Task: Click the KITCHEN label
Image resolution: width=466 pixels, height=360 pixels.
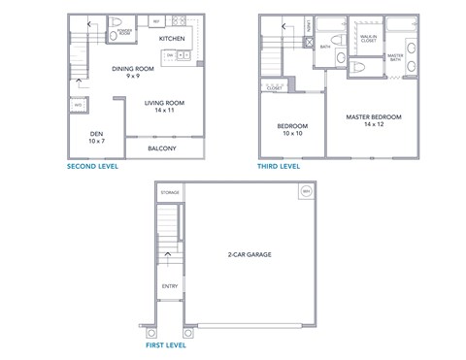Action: click(172, 38)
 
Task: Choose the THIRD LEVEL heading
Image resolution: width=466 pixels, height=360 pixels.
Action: click(278, 166)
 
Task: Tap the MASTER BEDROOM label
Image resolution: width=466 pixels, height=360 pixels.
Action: click(373, 120)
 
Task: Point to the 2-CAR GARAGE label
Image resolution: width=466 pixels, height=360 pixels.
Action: click(250, 254)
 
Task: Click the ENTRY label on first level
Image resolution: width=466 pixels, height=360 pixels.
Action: click(170, 285)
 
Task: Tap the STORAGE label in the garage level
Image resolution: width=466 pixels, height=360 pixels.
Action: click(170, 193)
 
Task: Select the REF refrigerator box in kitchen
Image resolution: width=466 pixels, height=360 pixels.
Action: click(156, 19)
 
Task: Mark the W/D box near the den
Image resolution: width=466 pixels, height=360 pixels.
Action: click(77, 105)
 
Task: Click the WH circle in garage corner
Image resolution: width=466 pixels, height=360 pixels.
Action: click(305, 192)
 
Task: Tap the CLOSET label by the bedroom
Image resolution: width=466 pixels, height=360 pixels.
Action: click(275, 87)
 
